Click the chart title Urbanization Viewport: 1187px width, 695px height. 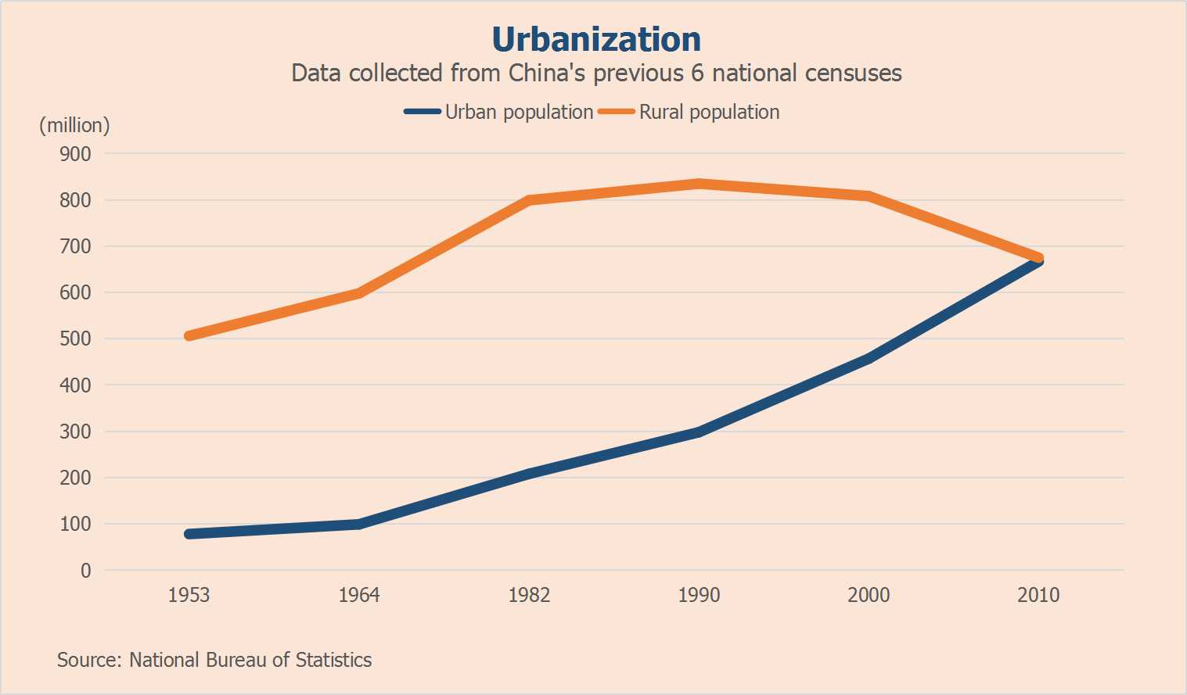596,40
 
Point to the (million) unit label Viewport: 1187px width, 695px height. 74,125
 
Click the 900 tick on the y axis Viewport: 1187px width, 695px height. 76,154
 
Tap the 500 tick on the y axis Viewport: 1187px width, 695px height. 76,339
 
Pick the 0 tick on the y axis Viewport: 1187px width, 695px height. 86,571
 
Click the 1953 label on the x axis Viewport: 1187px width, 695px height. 189,595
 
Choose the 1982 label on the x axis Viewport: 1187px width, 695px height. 529,595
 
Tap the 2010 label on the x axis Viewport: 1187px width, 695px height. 1038,595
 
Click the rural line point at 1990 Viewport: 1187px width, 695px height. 699,184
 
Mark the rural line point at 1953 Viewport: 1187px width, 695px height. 189,336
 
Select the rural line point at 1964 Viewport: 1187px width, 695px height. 359,293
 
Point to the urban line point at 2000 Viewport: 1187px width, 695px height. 869,359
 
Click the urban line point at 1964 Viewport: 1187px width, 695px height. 359,524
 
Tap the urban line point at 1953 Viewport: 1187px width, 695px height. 189,534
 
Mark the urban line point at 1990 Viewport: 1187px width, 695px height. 699,432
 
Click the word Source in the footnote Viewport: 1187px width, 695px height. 87,660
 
